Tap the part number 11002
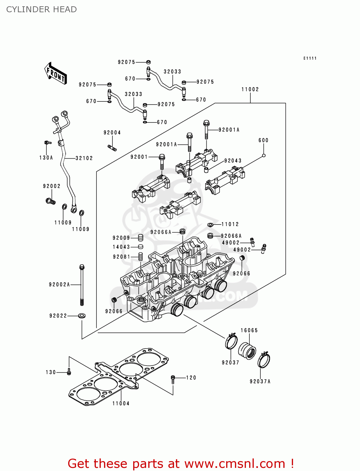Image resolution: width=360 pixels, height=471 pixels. click(250, 89)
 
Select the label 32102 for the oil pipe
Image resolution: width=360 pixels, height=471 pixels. click(84, 158)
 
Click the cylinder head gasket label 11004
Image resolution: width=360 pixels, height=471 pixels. click(121, 403)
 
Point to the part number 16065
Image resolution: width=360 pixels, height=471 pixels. click(249, 330)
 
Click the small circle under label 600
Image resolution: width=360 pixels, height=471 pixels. click(264, 155)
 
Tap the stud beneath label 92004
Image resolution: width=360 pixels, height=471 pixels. click(112, 148)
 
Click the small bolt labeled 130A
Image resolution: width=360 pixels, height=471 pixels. click(47, 143)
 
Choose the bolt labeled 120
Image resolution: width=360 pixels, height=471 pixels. click(173, 379)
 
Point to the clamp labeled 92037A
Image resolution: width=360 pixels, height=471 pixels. click(264, 360)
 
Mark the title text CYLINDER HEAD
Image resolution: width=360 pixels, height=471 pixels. click(41, 9)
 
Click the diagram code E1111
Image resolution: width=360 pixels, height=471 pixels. click(310, 58)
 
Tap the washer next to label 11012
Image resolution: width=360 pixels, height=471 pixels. click(210, 225)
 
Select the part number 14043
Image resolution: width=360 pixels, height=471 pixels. click(121, 247)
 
